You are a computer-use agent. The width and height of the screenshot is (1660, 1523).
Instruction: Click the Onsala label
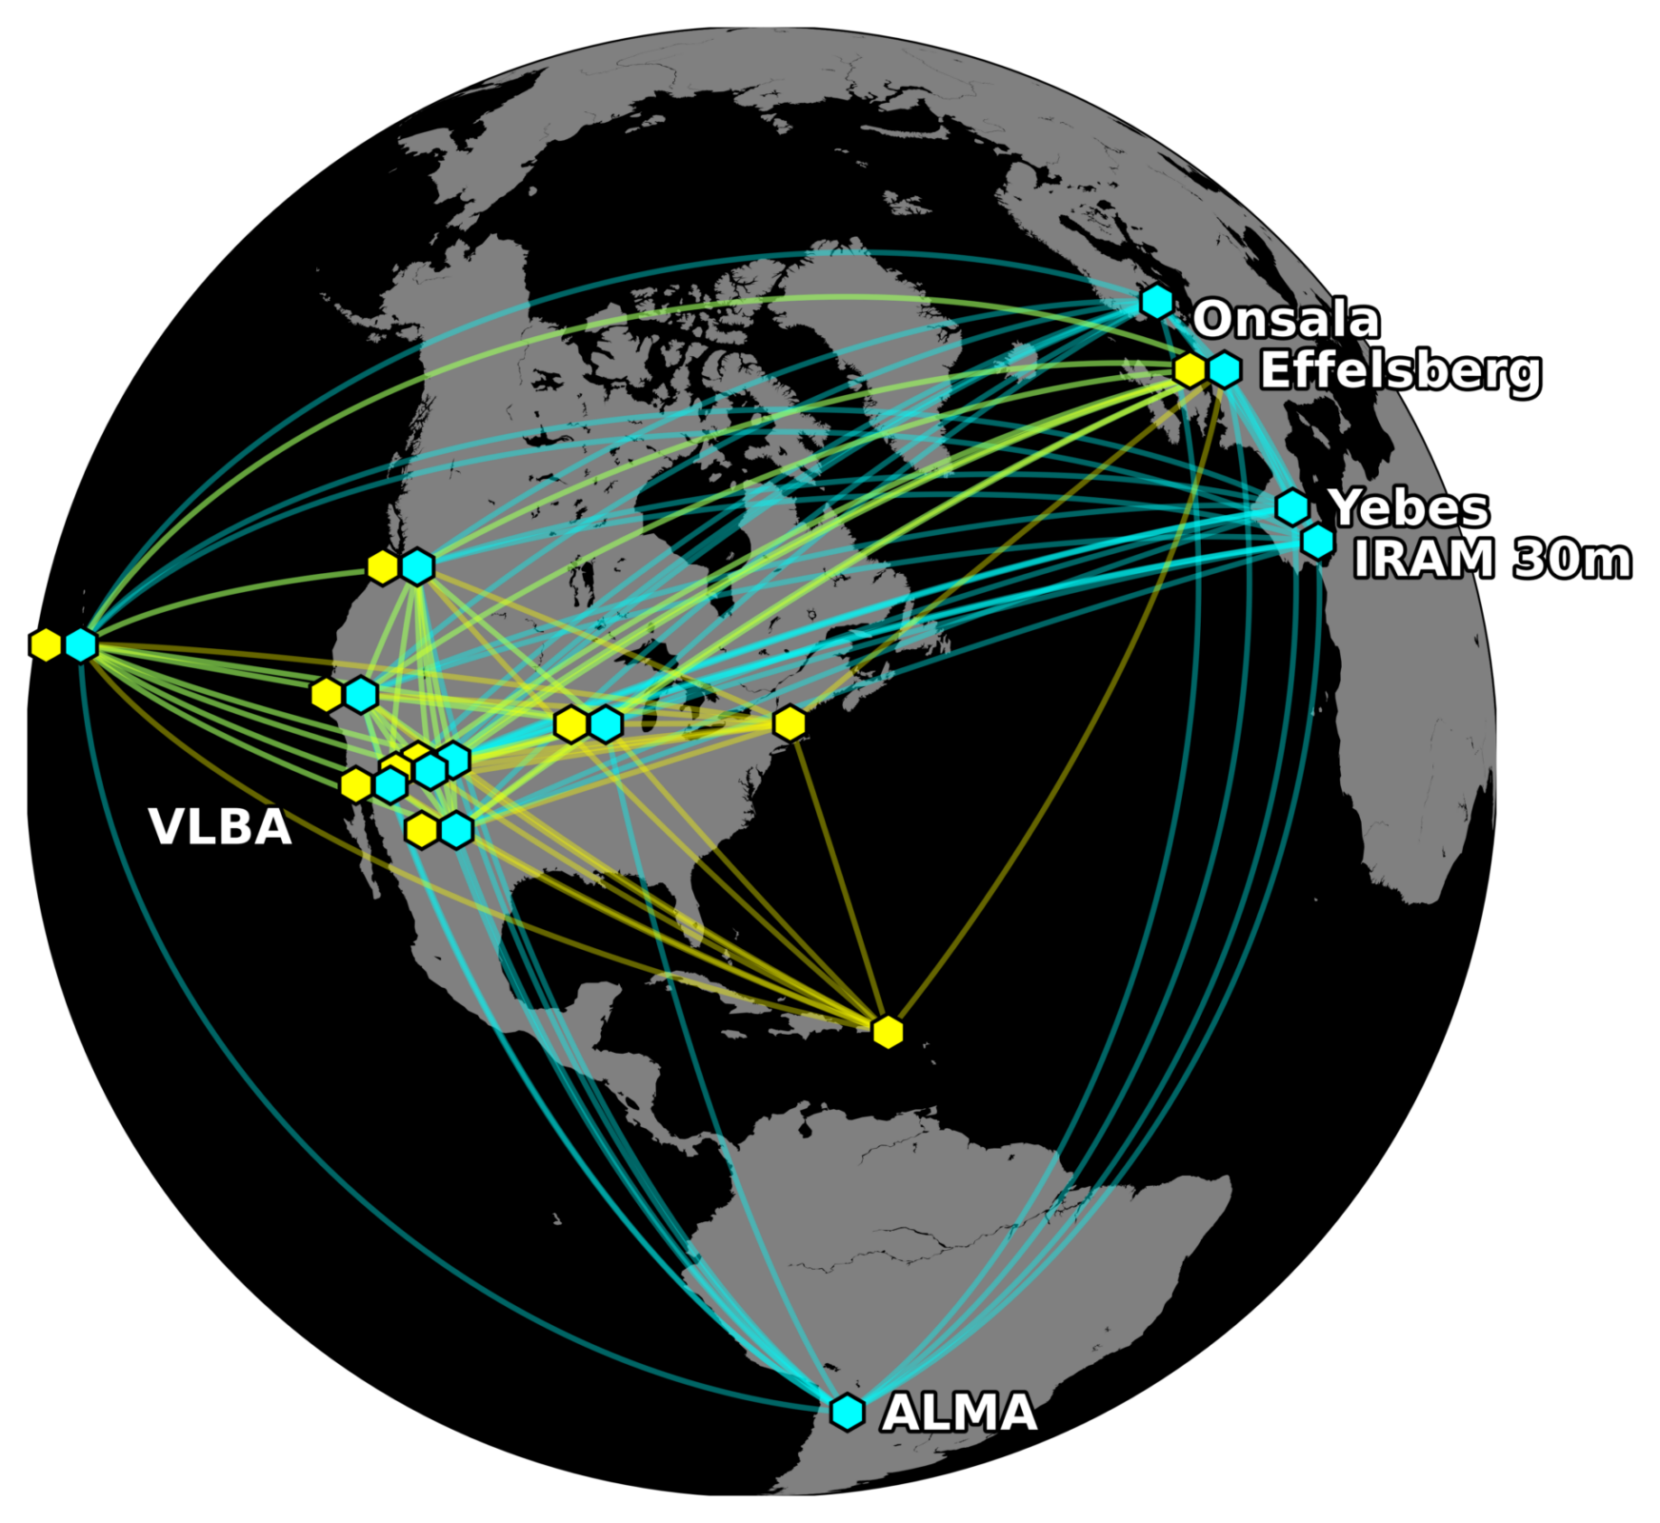click(x=1285, y=319)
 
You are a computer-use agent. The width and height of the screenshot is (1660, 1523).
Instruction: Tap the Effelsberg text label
click(x=1400, y=370)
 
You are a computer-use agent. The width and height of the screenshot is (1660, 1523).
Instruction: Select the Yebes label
click(x=1409, y=507)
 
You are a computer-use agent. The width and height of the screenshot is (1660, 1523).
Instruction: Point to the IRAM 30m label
click(x=1491, y=559)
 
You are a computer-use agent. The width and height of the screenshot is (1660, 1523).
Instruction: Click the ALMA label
click(x=959, y=1413)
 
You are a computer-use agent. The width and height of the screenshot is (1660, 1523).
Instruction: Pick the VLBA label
click(x=220, y=827)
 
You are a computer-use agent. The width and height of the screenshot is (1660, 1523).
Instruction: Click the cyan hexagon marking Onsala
click(x=1156, y=302)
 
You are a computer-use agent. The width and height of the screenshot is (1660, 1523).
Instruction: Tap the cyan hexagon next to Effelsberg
click(x=1225, y=369)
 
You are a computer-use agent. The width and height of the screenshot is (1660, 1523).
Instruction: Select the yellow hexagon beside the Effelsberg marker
click(x=1190, y=369)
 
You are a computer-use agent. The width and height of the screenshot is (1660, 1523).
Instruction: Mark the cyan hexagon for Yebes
click(x=1292, y=507)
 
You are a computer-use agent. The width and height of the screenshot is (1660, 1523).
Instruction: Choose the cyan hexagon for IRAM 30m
click(x=1318, y=542)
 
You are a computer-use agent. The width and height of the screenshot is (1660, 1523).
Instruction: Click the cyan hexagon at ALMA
click(x=847, y=1412)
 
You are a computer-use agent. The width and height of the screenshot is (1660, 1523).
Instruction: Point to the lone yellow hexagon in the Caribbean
click(x=888, y=1031)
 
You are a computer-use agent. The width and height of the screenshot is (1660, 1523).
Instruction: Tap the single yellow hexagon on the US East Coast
click(x=790, y=723)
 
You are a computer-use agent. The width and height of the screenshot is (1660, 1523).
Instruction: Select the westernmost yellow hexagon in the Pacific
click(x=46, y=644)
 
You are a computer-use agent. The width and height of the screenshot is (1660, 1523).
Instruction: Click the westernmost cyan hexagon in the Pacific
click(x=81, y=644)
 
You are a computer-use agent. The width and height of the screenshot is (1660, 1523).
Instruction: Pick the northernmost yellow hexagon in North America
click(x=382, y=567)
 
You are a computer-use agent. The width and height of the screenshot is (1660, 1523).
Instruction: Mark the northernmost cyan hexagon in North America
click(x=417, y=567)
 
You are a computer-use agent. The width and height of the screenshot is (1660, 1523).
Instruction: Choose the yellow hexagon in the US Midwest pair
click(x=570, y=724)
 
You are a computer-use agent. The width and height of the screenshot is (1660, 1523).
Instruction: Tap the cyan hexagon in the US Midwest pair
click(x=607, y=724)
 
